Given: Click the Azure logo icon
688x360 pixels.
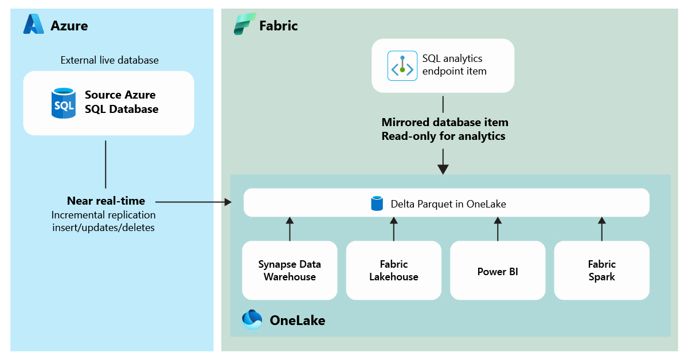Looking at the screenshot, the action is point(33,24).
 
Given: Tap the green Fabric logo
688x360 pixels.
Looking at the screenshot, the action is point(245,24).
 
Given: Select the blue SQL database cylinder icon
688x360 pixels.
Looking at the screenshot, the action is point(64,103).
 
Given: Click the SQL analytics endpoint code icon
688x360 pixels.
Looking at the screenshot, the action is point(402,66).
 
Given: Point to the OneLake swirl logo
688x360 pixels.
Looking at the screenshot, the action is point(252,320).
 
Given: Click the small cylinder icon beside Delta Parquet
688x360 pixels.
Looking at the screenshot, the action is point(377,204).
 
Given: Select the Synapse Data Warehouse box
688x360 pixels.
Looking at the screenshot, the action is point(290,271).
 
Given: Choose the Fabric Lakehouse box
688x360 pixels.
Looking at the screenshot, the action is point(394,271).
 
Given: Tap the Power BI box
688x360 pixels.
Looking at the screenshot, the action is point(498,271).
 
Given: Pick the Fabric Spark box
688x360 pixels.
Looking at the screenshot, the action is point(601,271).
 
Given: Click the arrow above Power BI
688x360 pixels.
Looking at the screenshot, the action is point(498,229).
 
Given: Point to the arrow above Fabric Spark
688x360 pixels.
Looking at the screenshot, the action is point(602,229).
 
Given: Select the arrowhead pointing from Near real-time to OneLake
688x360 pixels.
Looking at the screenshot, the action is point(228,202).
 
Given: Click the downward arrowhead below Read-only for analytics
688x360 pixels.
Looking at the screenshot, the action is point(443,169).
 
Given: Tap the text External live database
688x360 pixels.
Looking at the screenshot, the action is point(110,60).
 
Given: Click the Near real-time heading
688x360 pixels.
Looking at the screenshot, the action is point(106,201).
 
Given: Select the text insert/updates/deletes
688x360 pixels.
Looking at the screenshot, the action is point(104,228).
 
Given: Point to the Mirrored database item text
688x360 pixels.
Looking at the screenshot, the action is point(445,122).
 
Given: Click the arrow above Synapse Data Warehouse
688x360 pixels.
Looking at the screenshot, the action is point(290,229).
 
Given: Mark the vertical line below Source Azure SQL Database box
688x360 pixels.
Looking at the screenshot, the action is point(105,165).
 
